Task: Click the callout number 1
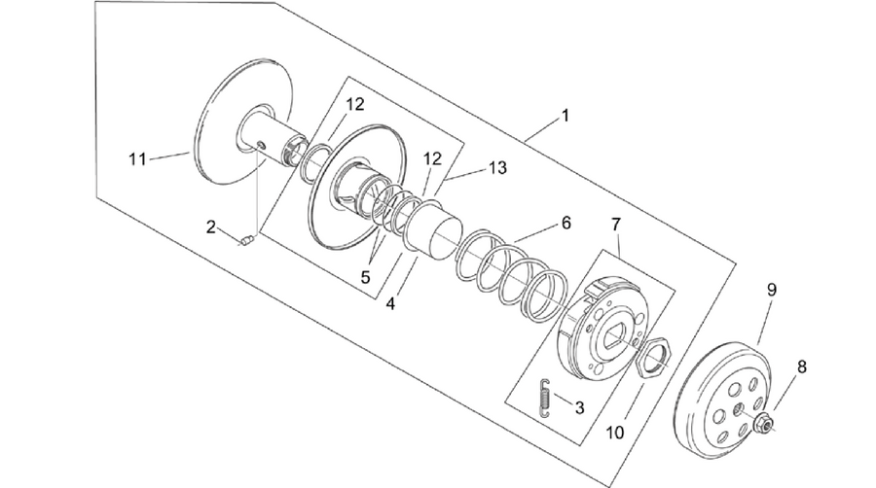[x=566, y=116]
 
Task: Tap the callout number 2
[x=210, y=227]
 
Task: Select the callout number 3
[x=579, y=407]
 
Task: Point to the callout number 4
[x=391, y=304]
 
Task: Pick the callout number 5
[x=365, y=277]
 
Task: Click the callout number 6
[x=566, y=223]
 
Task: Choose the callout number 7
[x=616, y=225]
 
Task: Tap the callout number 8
[x=802, y=367]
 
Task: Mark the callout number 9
[x=772, y=290]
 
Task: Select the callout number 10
[x=615, y=433]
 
